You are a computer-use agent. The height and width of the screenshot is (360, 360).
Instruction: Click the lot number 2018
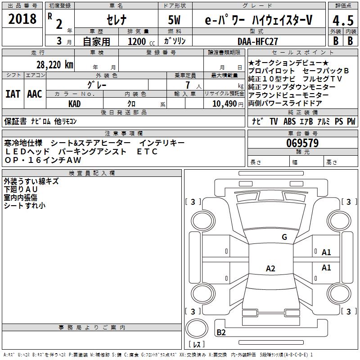coord(22,19)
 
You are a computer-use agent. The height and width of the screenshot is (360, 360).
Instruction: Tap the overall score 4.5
coord(343,20)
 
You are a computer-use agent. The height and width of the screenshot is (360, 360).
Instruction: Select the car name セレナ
coord(117,20)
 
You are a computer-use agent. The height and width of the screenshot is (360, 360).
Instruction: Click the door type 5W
coord(174,20)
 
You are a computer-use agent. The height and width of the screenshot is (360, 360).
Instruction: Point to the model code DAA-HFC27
coord(257,41)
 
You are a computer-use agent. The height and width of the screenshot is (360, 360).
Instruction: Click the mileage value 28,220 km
coord(54,65)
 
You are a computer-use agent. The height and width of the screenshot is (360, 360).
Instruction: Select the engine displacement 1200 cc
coord(141,42)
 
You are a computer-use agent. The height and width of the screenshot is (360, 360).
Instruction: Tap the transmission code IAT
coord(13,94)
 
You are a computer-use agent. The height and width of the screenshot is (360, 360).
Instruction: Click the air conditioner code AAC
coord(35,94)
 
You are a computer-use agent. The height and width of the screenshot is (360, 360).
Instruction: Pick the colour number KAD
coord(74,104)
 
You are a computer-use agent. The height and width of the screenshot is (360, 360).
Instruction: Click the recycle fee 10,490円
coord(228,104)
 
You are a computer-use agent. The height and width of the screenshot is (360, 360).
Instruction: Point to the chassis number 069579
coord(302,143)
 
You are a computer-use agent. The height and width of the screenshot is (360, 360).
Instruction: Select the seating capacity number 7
coord(188,85)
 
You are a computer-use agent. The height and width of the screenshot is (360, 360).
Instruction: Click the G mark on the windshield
coord(284,237)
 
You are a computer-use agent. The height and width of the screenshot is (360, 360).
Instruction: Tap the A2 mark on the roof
coord(270,268)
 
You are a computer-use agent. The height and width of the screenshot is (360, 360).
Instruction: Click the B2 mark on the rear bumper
coord(221,332)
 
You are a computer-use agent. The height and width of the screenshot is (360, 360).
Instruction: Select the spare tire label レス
coord(197,344)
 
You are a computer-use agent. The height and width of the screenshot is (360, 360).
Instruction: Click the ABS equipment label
coord(289,121)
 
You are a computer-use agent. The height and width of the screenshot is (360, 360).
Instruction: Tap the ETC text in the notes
coord(147,152)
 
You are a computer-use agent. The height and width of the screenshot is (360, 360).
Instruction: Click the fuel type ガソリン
coord(175,41)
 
